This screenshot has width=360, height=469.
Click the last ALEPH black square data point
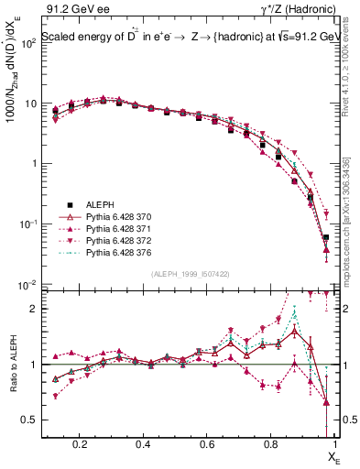326,237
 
